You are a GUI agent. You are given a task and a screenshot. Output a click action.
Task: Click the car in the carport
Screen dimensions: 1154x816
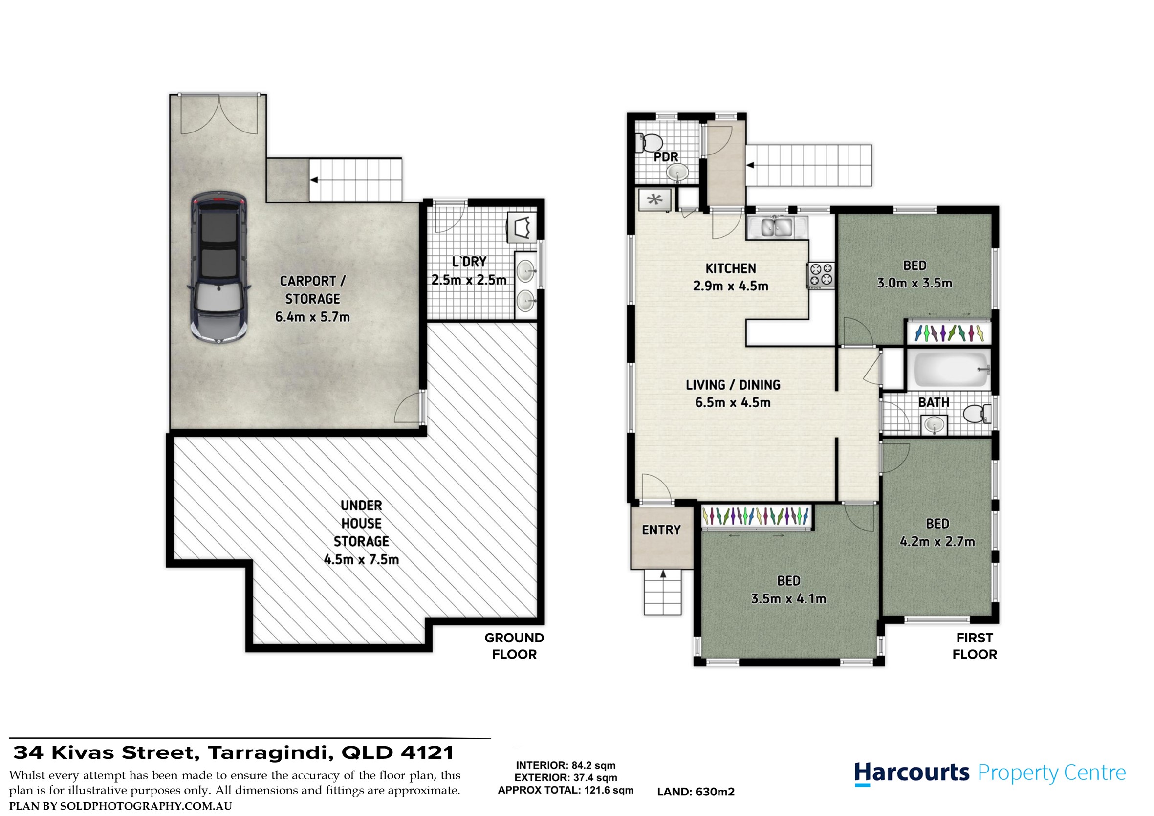pos(218,267)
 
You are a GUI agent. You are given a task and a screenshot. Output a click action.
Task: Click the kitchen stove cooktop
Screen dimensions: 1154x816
pos(821,276)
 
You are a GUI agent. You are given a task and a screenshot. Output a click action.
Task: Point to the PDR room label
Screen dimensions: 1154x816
pos(666,157)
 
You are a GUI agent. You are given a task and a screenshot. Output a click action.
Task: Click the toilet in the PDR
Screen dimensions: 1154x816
pos(649,142)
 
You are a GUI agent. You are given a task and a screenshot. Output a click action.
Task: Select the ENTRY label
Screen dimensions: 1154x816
pos(661,530)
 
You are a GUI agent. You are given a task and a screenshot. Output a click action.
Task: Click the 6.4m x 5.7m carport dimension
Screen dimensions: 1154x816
pos(312,317)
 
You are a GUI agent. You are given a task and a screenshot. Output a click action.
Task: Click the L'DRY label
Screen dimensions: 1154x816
pos(469,262)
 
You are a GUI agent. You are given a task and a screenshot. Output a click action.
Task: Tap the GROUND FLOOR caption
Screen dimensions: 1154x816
pos(514,646)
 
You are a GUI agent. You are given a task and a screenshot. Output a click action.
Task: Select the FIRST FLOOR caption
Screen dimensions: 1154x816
pos(975,646)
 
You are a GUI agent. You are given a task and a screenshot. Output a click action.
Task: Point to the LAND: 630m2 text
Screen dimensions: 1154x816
pos(696,792)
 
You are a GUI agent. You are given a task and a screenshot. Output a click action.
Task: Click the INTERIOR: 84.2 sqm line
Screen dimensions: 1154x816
pos(566,765)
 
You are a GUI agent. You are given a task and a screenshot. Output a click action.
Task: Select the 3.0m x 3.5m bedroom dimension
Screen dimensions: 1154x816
pos(915,284)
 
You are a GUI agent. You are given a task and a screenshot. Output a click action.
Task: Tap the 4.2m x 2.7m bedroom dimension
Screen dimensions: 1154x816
pos(937,542)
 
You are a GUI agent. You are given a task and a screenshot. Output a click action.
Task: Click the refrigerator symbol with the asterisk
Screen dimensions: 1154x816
pos(654,200)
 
